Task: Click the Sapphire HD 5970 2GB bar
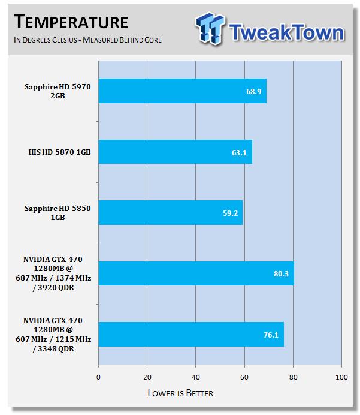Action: click(182, 91)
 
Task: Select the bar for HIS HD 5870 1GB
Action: click(175, 152)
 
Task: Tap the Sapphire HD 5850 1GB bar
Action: click(170, 212)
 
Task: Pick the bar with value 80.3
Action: click(196, 273)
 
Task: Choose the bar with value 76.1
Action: click(190, 334)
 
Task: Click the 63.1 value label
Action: click(240, 152)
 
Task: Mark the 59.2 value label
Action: click(231, 213)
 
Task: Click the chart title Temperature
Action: click(71, 23)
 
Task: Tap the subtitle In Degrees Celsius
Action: click(87, 40)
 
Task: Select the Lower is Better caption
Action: click(180, 393)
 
